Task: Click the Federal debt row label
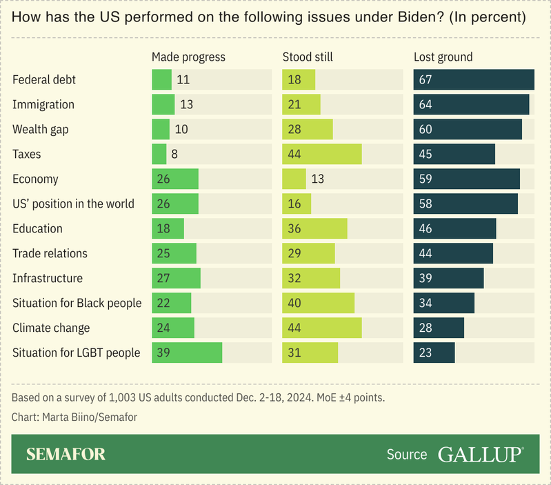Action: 44,79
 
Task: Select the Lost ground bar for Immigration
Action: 471,104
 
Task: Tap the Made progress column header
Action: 188,57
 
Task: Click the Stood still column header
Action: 308,57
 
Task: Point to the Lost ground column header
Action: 443,57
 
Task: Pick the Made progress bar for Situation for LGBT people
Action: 187,353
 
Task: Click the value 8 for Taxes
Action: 174,154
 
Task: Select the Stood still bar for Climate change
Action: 322,328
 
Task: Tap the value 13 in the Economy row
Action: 317,179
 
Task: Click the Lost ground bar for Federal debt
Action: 474,79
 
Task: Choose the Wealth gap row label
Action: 41,129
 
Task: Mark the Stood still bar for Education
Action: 314,228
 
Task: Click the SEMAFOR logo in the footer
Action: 66,454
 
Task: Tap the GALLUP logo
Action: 481,454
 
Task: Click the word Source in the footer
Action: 407,454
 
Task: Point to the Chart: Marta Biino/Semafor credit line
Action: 70,417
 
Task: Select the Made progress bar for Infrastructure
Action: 176,278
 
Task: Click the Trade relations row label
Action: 50,253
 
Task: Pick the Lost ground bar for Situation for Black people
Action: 443,303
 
